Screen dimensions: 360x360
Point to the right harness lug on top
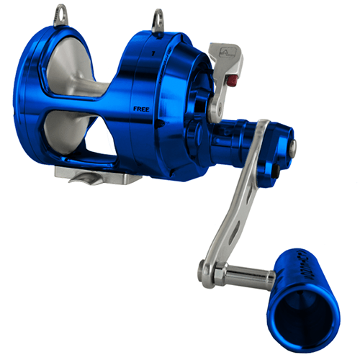(x=156, y=17)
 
